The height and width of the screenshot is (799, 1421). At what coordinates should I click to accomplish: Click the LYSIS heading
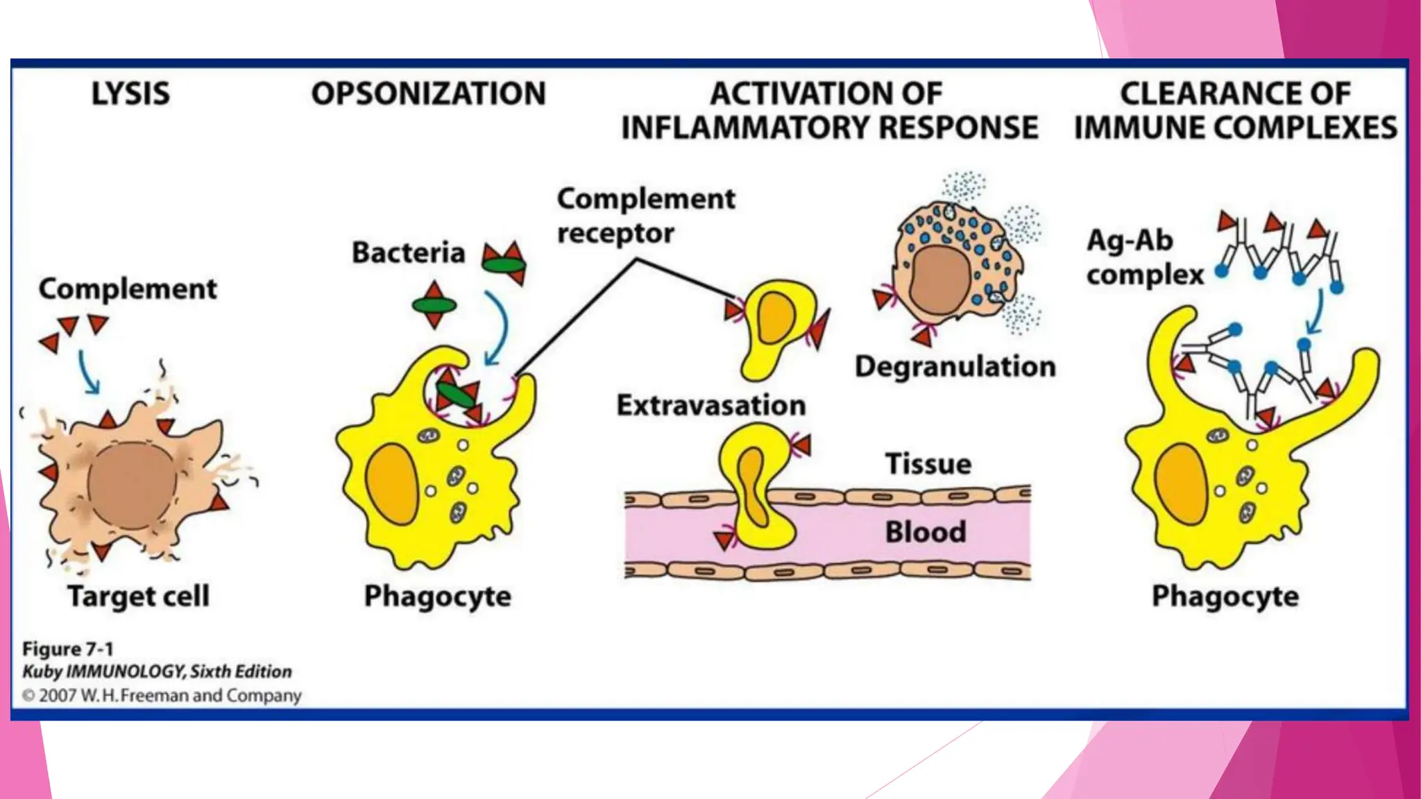pyautogui.click(x=130, y=94)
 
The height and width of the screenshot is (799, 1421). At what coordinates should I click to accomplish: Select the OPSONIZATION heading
pyautogui.click(x=428, y=94)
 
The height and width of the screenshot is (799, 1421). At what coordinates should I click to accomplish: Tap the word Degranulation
pyautogui.click(x=955, y=366)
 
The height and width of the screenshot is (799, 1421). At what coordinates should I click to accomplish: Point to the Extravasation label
pyautogui.click(x=711, y=405)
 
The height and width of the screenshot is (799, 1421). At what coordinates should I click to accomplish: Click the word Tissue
pyautogui.click(x=928, y=463)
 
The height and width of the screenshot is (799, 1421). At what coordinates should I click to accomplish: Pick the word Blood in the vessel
pyautogui.click(x=925, y=532)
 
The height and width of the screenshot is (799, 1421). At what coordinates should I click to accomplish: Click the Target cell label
pyautogui.click(x=138, y=596)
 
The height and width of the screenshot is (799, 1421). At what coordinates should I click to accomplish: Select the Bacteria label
pyautogui.click(x=408, y=252)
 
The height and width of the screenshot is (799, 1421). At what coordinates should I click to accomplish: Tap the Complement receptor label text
pyautogui.click(x=645, y=216)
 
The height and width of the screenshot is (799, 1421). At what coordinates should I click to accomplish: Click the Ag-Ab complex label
pyautogui.click(x=1145, y=257)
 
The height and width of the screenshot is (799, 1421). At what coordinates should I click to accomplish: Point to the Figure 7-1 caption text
pyautogui.click(x=67, y=649)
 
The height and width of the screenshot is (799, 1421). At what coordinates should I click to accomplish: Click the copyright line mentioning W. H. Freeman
pyautogui.click(x=162, y=695)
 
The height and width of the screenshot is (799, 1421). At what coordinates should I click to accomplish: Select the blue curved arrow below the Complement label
pyautogui.click(x=87, y=372)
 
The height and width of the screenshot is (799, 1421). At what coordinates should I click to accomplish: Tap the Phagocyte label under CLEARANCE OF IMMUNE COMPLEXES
pyautogui.click(x=1225, y=596)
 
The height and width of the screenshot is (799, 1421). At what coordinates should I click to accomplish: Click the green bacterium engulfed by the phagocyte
pyautogui.click(x=455, y=396)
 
